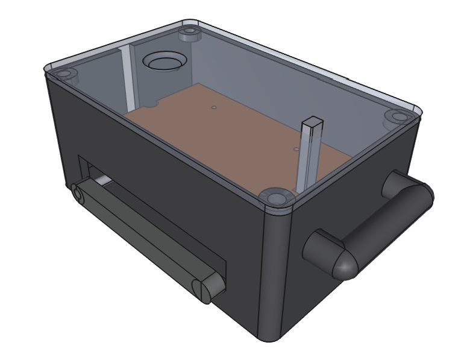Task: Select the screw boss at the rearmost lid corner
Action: (190, 33)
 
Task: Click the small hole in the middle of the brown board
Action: (213, 109)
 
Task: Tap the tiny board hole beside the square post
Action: (295, 148)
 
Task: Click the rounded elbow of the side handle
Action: (340, 262)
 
